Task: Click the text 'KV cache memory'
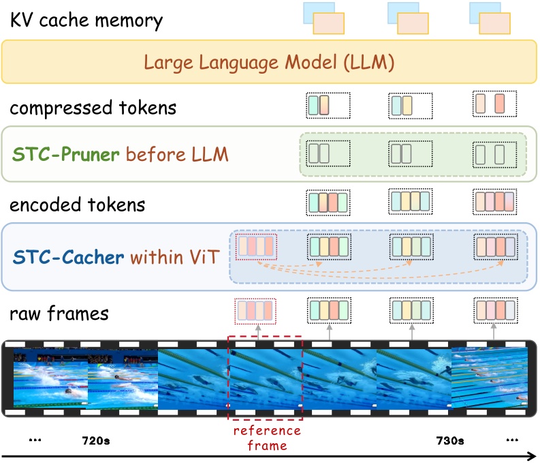point(86,20)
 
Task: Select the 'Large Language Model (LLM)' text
point(270,63)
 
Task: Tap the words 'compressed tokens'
point(93,108)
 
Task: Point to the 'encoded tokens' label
point(78,205)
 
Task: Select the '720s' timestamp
point(95,440)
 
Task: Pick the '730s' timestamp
point(450,440)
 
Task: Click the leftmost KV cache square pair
point(324,18)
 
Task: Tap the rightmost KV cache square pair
point(490,18)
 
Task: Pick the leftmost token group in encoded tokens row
point(328,202)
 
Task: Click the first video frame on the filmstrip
point(51,379)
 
